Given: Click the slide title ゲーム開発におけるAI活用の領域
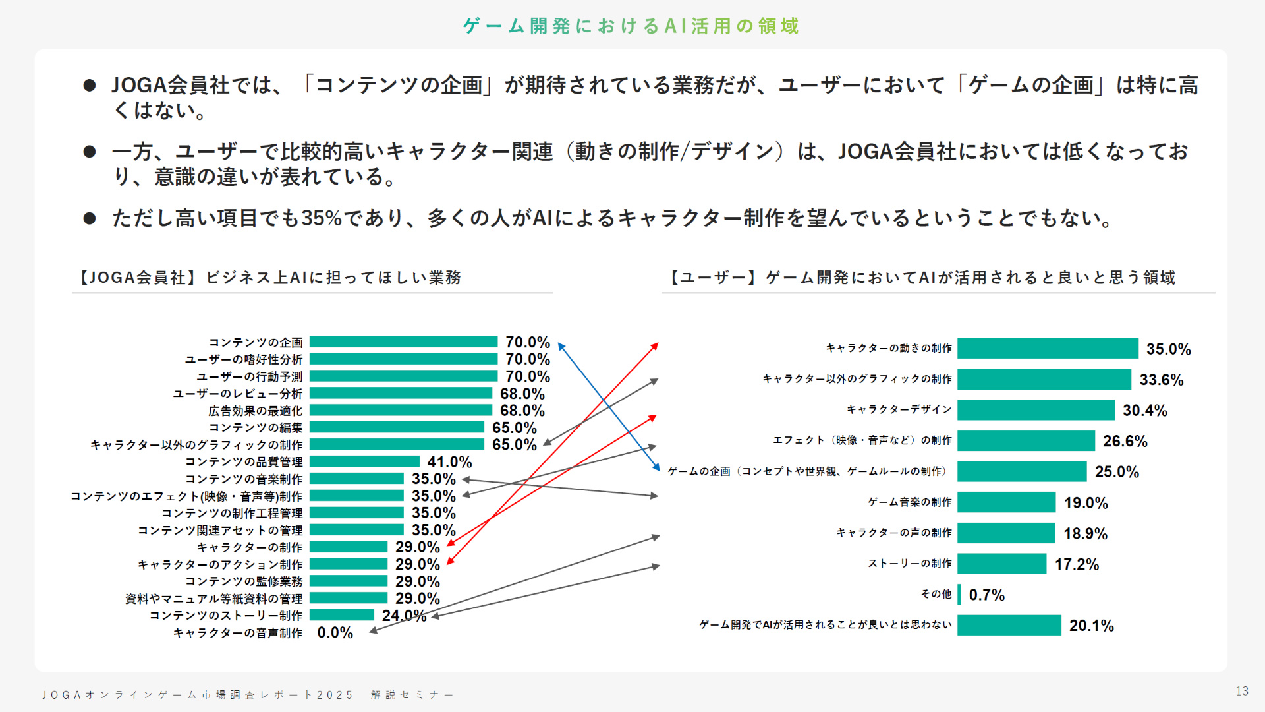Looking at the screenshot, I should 631,26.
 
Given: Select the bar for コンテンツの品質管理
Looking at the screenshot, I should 364,461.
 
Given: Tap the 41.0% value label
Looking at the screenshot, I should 449,462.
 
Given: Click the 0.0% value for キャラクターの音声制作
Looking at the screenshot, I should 335,633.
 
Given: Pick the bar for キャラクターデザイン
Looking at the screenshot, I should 1035,410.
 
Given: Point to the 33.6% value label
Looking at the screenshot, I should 1161,380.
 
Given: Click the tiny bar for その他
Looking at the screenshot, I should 959,595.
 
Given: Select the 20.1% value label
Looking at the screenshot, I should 1091,626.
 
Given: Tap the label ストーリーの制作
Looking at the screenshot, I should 909,564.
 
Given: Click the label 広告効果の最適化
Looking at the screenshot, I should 255,411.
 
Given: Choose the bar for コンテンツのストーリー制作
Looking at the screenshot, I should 342,615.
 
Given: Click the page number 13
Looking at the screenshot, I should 1242,691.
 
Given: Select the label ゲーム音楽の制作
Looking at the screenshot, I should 909,502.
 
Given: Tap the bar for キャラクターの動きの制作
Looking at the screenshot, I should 1048,349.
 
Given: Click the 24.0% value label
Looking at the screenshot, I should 403,616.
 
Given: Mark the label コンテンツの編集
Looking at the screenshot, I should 255,428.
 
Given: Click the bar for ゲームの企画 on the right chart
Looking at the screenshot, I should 1021,472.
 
